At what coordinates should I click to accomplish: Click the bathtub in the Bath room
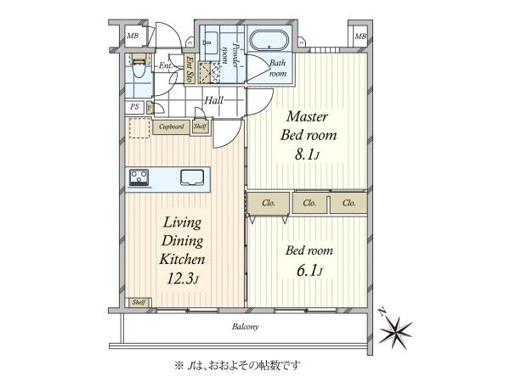269,41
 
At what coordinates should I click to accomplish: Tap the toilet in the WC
139,65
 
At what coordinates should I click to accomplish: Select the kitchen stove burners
139,177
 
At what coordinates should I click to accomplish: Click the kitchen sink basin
192,177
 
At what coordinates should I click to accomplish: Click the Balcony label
246,327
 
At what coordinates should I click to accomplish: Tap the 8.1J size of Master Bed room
307,154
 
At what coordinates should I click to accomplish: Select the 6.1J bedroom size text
309,271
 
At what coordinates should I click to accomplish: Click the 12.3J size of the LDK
183,278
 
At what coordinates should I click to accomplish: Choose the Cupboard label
172,126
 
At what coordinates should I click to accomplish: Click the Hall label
213,100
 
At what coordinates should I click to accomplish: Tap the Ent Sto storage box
189,69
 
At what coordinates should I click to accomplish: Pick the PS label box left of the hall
134,107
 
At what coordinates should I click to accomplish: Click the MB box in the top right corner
360,36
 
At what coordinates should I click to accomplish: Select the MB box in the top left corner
133,36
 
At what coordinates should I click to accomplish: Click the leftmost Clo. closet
269,204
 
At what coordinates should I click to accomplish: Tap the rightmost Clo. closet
348,204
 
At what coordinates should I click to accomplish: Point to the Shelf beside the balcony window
139,302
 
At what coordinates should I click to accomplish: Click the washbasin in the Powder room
211,43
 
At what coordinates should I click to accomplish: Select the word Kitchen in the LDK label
182,259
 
